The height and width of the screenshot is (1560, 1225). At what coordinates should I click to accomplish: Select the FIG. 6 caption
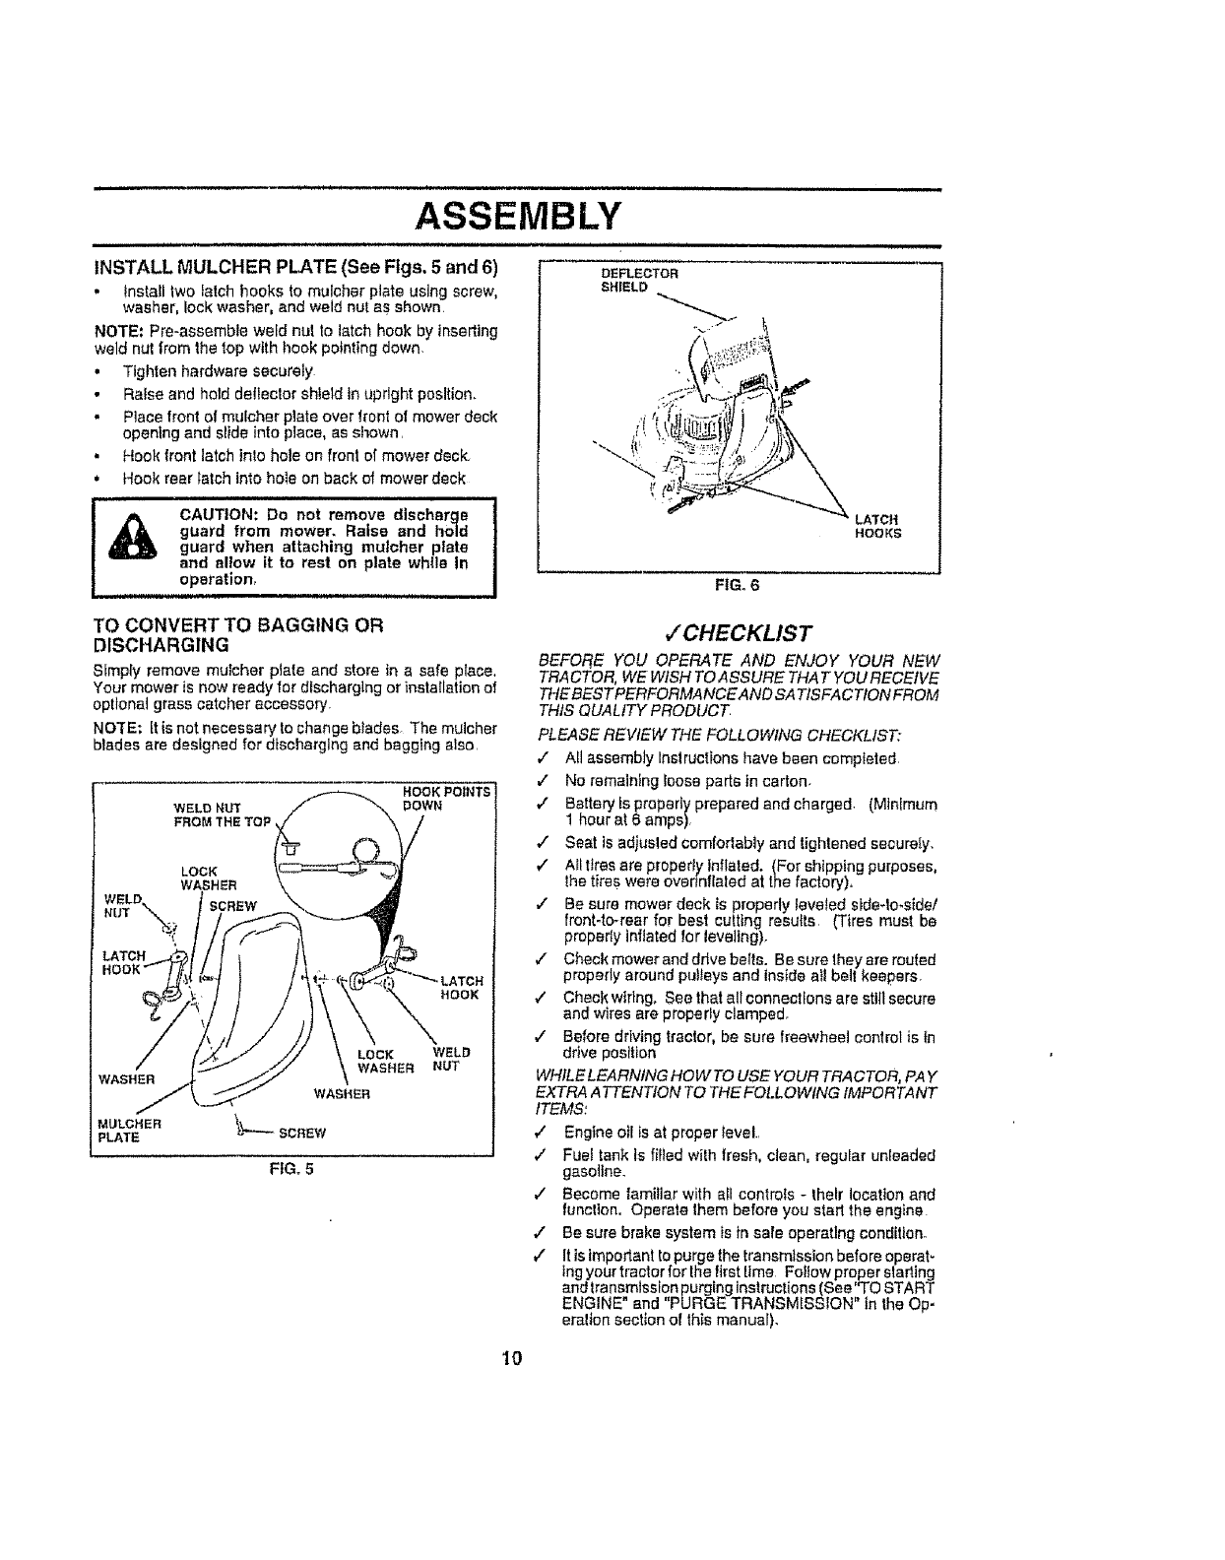(x=739, y=584)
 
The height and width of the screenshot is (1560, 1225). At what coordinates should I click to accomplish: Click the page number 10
(x=510, y=1358)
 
